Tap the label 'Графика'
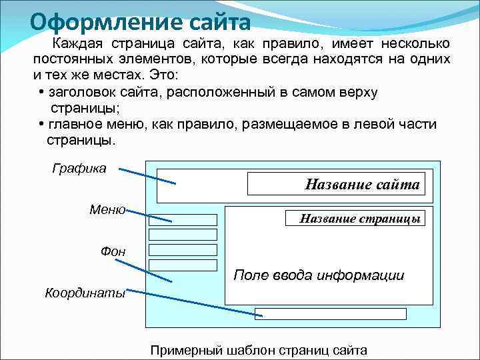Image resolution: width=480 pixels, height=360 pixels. [79, 168]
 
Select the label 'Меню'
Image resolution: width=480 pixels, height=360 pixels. [107, 209]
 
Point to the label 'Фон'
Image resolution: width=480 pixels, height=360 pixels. [113, 251]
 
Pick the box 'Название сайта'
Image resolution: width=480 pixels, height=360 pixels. [336, 185]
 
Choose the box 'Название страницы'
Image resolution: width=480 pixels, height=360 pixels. [355, 218]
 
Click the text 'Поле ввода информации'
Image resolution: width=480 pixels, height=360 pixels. [319, 275]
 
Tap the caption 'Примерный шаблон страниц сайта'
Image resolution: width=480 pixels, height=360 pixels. [259, 350]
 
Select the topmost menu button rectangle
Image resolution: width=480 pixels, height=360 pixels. [183, 220]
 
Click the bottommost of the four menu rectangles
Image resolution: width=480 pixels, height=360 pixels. [183, 265]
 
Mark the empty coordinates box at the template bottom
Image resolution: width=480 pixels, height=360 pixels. [331, 314]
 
